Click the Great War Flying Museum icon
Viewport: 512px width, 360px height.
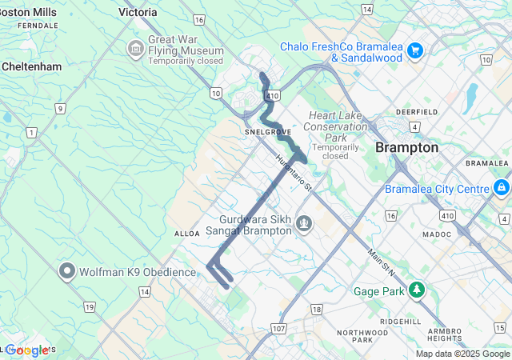(x=134, y=50)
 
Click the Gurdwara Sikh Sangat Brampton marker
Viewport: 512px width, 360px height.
(x=303, y=223)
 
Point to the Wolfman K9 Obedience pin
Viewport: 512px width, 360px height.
(x=67, y=272)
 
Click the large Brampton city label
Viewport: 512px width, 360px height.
(x=407, y=148)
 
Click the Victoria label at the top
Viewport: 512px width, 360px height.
(x=138, y=12)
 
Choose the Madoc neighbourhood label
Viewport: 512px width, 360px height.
(x=437, y=234)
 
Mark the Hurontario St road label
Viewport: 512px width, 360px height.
(x=293, y=170)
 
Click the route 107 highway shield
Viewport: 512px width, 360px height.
(x=278, y=329)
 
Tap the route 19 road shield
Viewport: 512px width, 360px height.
(x=89, y=307)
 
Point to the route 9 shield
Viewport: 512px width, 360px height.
(x=59, y=108)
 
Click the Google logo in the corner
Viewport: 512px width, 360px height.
(x=27, y=350)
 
